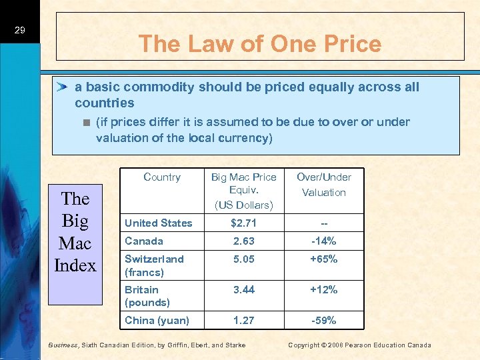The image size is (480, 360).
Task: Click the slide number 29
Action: pyautogui.click(x=19, y=31)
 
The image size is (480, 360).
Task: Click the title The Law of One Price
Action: pyautogui.click(x=260, y=44)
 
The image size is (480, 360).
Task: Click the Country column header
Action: pyautogui.click(x=162, y=177)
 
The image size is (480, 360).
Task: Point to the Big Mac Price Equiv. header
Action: pyautogui.click(x=243, y=190)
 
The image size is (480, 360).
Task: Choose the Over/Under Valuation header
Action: pyautogui.click(x=324, y=184)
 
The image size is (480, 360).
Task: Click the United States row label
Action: pyautogui.click(x=159, y=223)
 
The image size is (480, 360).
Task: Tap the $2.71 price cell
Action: pyautogui.click(x=243, y=223)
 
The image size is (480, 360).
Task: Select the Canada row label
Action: pyautogui.click(x=145, y=241)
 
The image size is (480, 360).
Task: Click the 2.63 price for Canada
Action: pyautogui.click(x=243, y=241)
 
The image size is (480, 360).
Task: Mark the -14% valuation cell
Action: pyautogui.click(x=324, y=241)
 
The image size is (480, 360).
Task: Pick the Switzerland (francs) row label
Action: pyautogui.click(x=155, y=265)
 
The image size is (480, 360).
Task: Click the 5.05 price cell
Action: pyautogui.click(x=243, y=259)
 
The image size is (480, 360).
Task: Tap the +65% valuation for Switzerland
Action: pyautogui.click(x=324, y=259)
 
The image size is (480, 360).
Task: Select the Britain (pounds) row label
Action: pyautogui.click(x=148, y=296)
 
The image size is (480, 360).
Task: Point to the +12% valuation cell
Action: pyautogui.click(x=324, y=289)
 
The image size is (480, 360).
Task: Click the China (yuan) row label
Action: pyautogui.click(x=157, y=321)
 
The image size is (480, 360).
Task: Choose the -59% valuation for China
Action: pyautogui.click(x=324, y=321)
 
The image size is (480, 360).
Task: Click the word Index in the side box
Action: pyautogui.click(x=75, y=265)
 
